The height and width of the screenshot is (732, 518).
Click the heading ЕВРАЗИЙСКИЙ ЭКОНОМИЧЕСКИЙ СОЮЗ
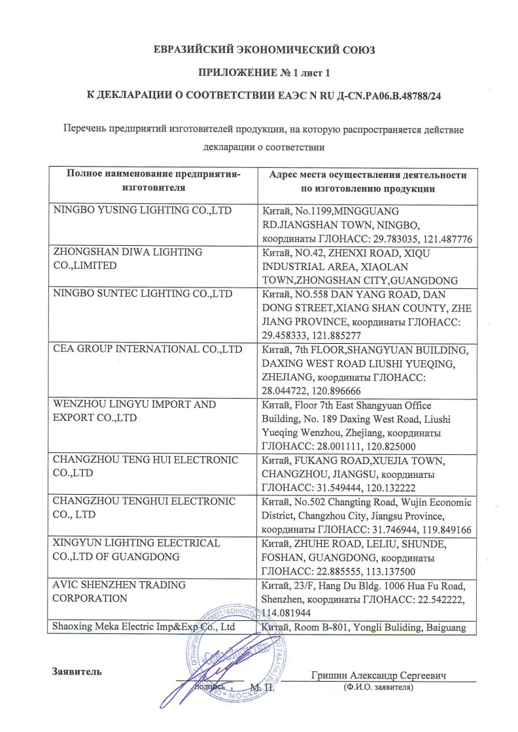click(x=259, y=50)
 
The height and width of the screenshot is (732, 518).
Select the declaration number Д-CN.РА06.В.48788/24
click(x=374, y=95)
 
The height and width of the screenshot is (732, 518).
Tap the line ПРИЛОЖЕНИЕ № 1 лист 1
click(x=259, y=73)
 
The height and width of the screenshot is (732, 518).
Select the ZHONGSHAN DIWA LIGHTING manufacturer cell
click(x=128, y=259)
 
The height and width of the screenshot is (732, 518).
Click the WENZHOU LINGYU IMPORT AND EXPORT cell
click(x=134, y=410)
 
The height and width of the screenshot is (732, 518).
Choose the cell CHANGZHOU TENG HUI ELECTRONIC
click(x=145, y=465)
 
